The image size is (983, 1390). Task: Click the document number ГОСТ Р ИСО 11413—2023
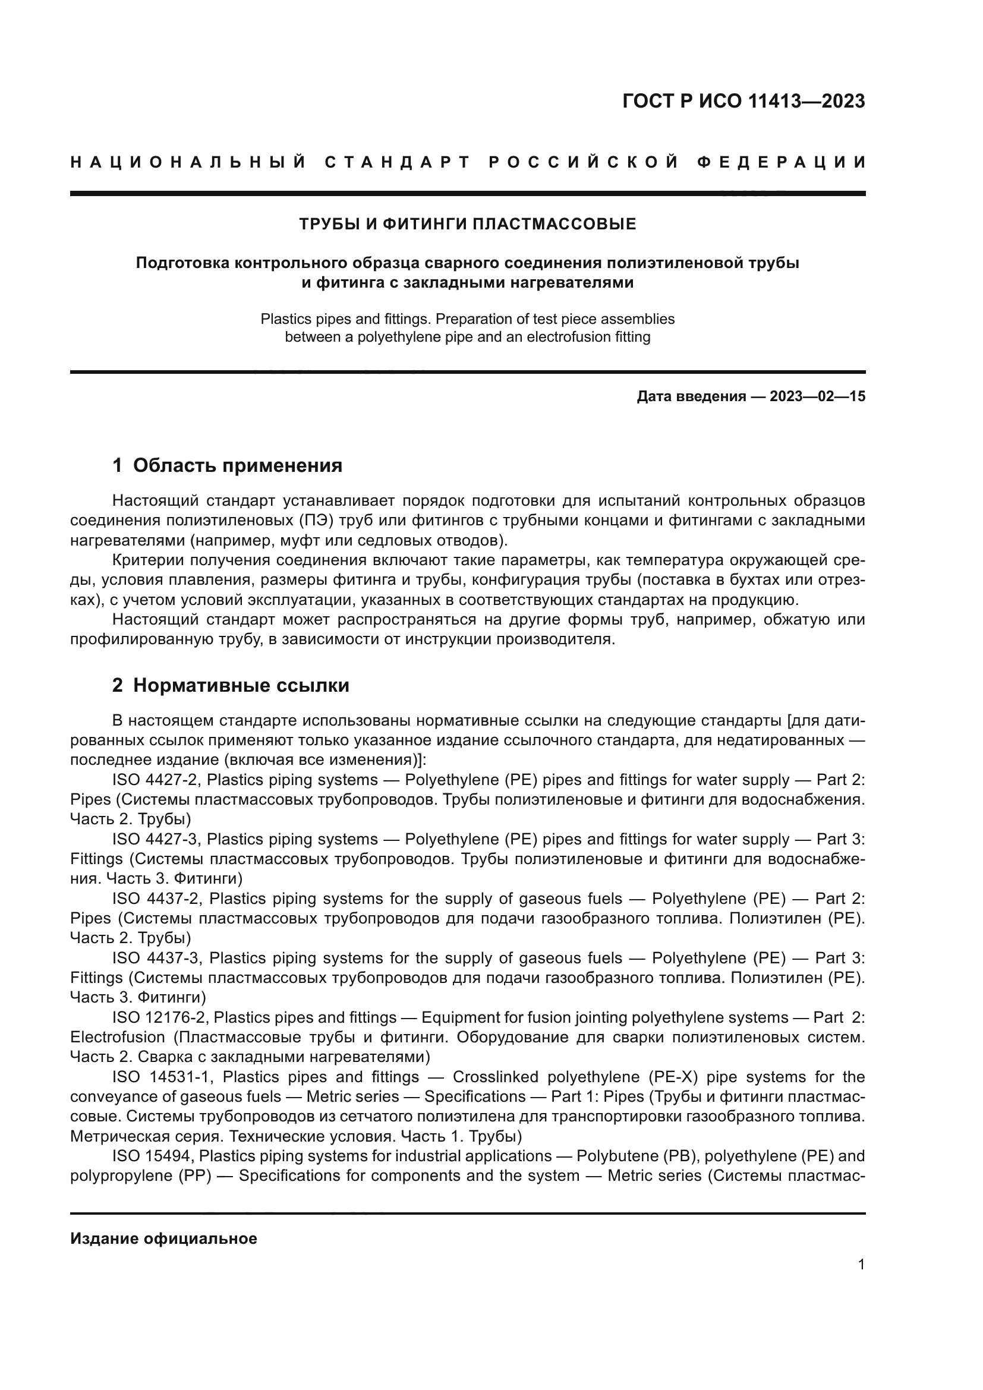coord(743,101)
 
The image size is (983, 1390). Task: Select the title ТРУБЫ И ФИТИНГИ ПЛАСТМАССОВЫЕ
coord(467,225)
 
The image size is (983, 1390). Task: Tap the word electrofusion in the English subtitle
coord(563,337)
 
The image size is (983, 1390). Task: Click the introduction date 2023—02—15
coord(817,396)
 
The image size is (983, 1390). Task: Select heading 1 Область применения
coord(227,465)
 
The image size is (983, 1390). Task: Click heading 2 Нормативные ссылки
coord(231,685)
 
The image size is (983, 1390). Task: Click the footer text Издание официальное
coord(163,1238)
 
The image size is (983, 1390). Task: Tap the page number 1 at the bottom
coord(861,1264)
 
